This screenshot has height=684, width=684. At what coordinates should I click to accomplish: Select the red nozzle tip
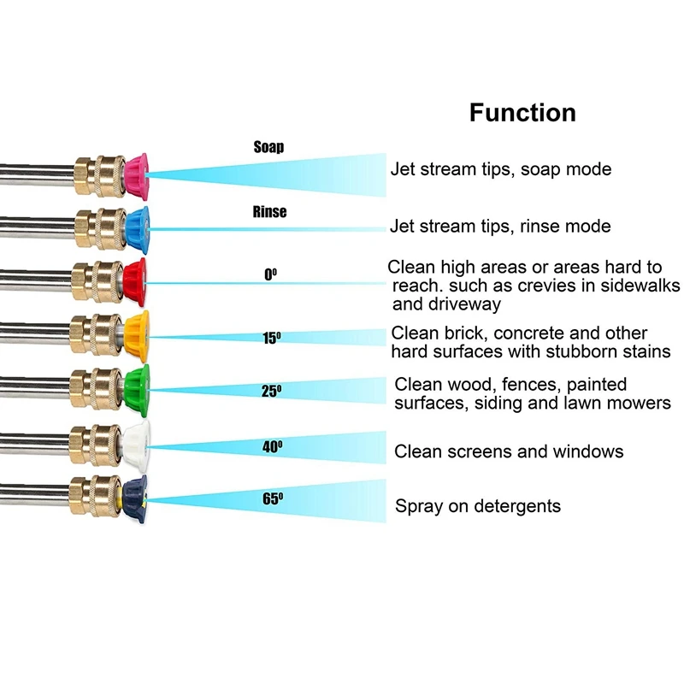135,278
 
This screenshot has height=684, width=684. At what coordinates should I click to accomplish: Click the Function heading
522,113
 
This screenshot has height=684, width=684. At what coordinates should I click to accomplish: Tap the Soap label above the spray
268,147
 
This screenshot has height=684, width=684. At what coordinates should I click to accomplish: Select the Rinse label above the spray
269,212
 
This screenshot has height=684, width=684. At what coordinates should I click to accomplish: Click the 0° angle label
270,275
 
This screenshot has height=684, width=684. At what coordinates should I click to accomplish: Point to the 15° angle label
271,339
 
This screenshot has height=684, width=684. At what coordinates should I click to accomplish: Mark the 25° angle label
271,392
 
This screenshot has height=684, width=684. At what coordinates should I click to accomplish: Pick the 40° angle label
272,445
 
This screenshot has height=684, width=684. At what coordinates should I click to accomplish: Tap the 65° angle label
272,498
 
